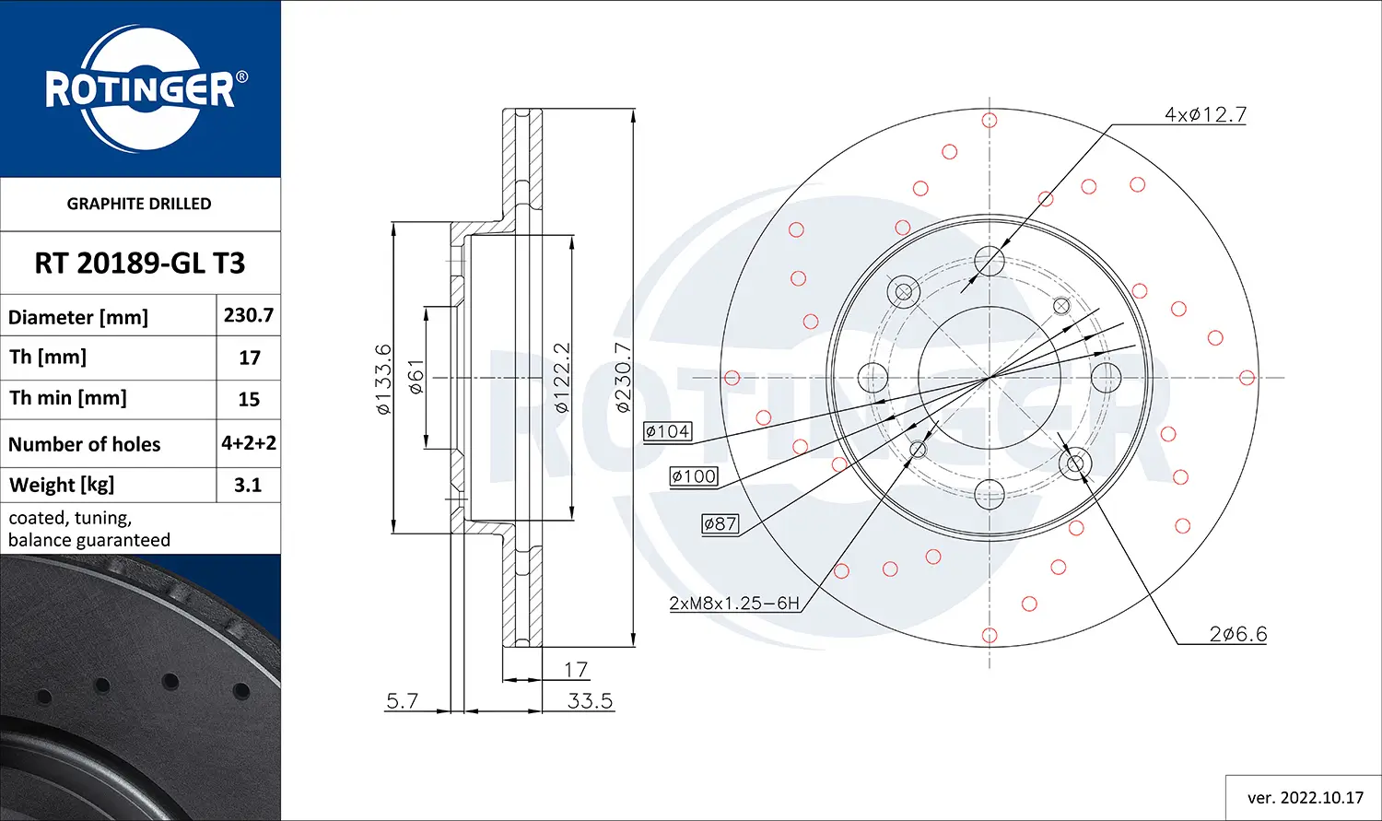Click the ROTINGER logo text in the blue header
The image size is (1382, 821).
[140, 89]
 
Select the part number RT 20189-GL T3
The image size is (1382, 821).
[140, 264]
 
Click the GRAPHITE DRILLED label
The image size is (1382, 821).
[139, 204]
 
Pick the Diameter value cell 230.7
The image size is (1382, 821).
[249, 315]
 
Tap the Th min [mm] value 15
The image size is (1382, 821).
[249, 399]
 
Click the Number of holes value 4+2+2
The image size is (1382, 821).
[249, 443]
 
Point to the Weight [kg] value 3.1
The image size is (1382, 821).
[248, 485]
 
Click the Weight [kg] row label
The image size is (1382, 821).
[62, 485]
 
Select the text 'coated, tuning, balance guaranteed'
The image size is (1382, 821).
[89, 529]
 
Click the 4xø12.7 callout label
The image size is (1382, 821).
[1205, 114]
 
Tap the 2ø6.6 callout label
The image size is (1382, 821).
[1238, 634]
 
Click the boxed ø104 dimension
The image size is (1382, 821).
[667, 431]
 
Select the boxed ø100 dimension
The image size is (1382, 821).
[694, 476]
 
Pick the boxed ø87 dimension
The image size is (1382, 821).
[720, 523]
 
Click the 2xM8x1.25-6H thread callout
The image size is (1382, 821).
[734, 603]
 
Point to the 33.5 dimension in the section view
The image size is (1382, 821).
[590, 700]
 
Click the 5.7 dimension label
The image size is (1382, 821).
[402, 700]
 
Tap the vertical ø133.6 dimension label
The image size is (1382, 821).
[384, 379]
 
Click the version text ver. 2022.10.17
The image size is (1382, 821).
[1305, 797]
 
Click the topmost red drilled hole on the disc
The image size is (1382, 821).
[990, 120]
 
